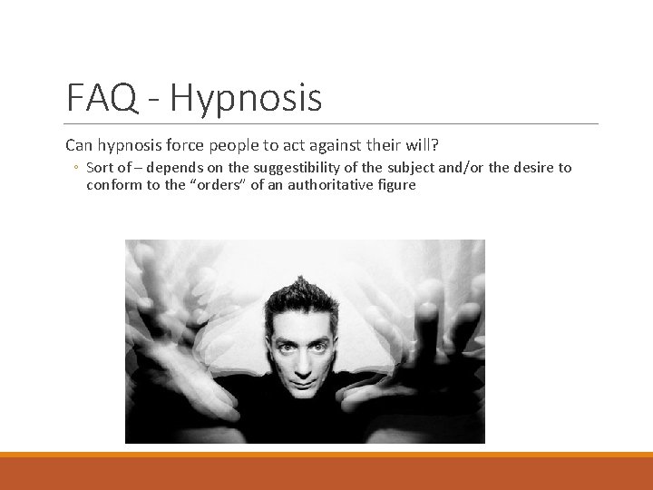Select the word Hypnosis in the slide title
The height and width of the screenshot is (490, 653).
(x=245, y=99)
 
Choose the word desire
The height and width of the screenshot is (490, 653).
(x=531, y=167)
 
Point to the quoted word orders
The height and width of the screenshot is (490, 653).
(x=214, y=184)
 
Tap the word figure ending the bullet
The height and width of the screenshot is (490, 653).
(x=397, y=184)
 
